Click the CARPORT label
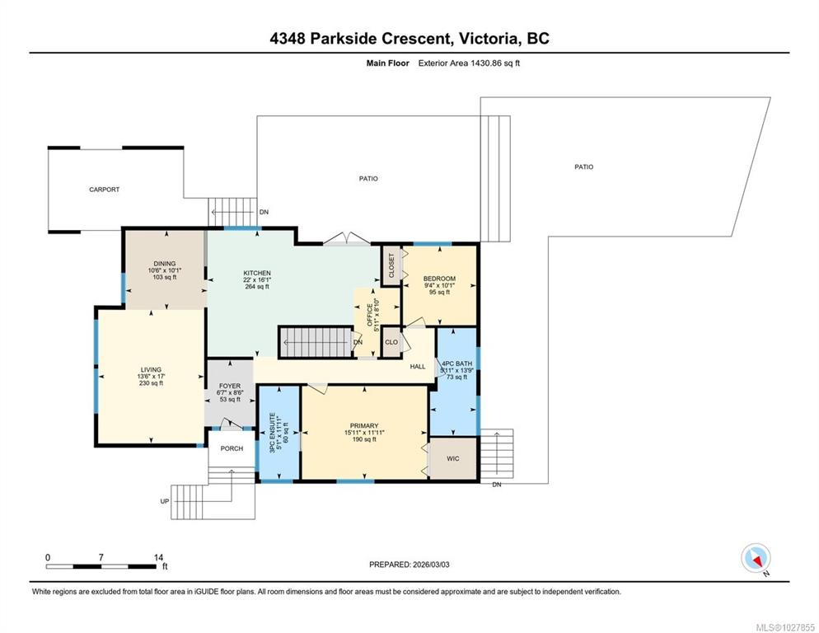[x=104, y=190]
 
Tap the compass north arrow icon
[x=756, y=559]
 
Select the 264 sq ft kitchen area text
[x=257, y=287]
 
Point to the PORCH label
[x=232, y=448]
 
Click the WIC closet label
[x=453, y=458]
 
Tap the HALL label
[x=418, y=367]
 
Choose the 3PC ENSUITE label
[x=272, y=433]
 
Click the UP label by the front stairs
[x=165, y=501]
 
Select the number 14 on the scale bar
[x=159, y=558]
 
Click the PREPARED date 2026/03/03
[x=431, y=565]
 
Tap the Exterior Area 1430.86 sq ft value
[x=469, y=63]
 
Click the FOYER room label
[x=230, y=386]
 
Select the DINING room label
[x=165, y=264]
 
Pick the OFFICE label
[x=370, y=315]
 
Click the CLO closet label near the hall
[x=391, y=342]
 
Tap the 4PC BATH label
[x=456, y=363]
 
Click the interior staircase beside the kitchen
[x=316, y=342]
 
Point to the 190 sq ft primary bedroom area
[x=364, y=439]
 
